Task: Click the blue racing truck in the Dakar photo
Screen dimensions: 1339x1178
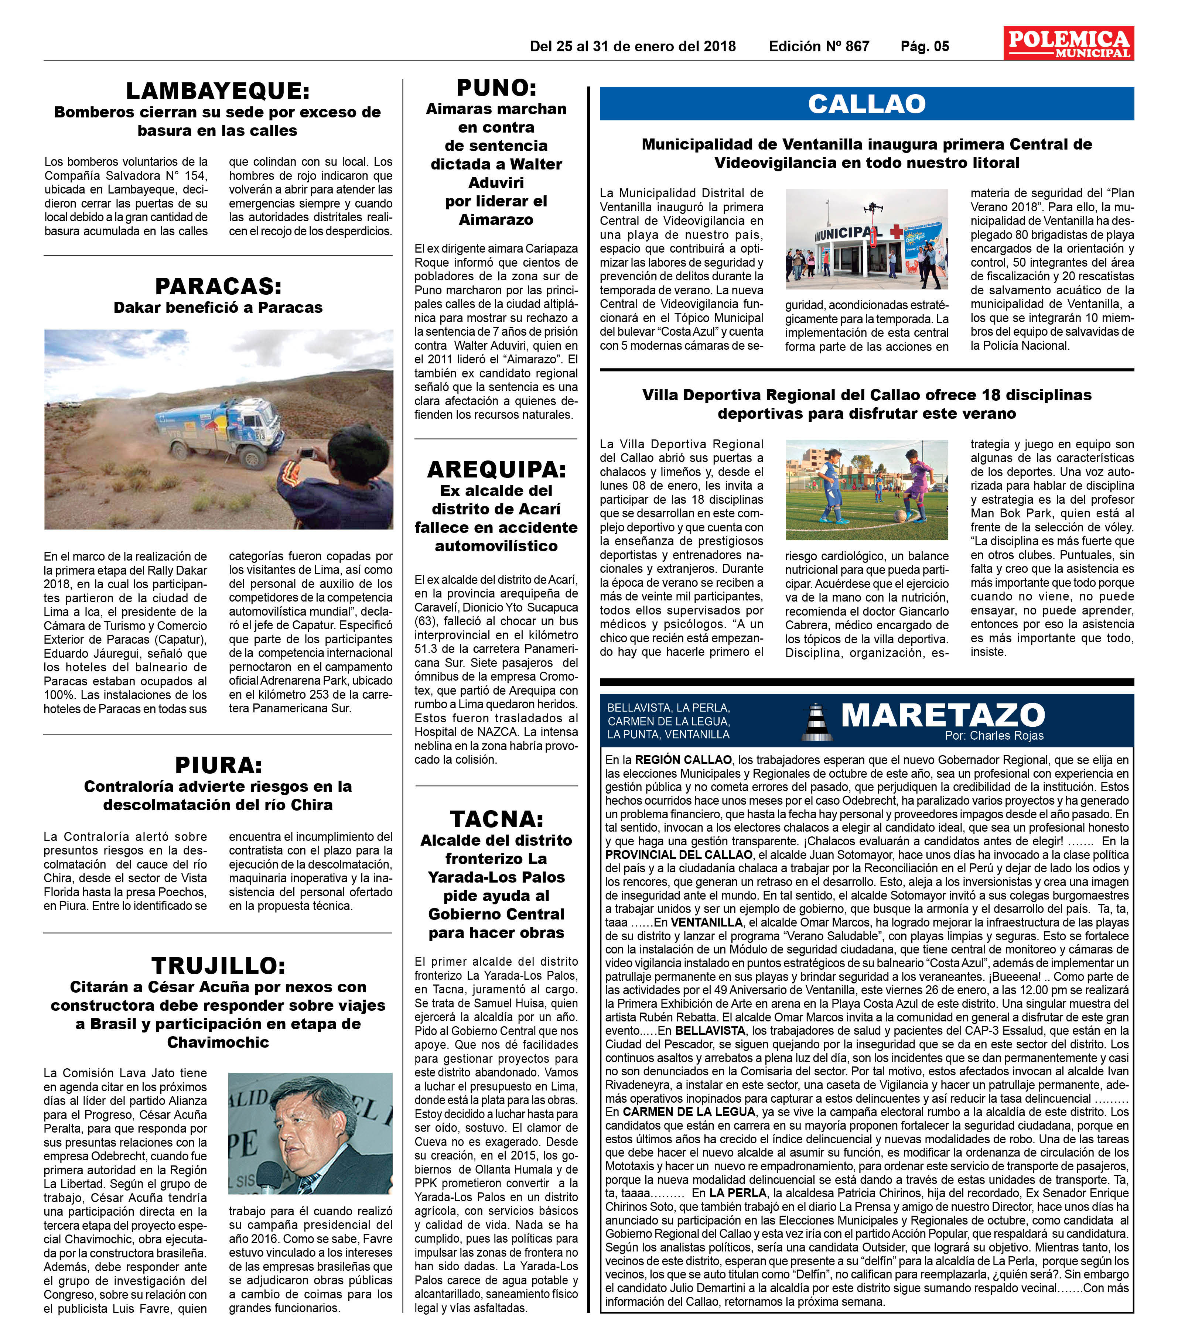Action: (223, 429)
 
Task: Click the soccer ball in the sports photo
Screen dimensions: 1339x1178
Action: (899, 516)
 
